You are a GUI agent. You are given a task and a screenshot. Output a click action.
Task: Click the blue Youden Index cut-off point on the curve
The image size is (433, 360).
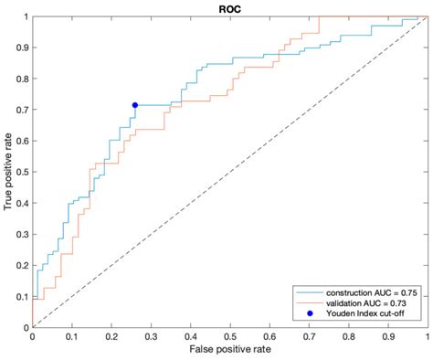coord(135,105)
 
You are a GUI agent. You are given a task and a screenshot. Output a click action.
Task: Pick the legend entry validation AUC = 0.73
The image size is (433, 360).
coord(358,302)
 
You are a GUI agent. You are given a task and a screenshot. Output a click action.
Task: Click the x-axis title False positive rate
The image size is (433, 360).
coord(229,350)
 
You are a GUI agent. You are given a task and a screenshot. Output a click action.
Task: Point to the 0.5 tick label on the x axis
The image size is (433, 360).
coord(229,335)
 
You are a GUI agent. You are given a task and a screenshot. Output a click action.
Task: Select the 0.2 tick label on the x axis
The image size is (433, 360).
coord(111,335)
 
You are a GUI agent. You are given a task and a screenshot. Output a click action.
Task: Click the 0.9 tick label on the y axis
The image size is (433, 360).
coord(21,48)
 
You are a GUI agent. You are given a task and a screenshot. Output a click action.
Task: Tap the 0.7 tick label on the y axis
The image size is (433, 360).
coord(21,110)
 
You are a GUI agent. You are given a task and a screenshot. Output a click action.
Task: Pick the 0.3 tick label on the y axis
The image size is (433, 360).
coord(21,234)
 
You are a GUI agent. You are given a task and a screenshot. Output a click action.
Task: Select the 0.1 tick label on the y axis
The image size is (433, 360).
coord(21,296)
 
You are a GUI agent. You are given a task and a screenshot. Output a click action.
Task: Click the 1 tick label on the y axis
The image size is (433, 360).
coord(26,16)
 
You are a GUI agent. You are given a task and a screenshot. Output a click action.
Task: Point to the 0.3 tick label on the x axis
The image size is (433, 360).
coord(151,335)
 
